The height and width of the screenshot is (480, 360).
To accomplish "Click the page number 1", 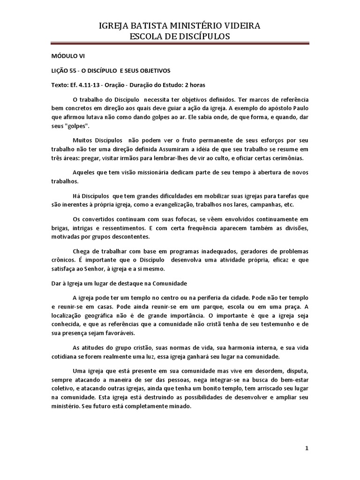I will (307, 449).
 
